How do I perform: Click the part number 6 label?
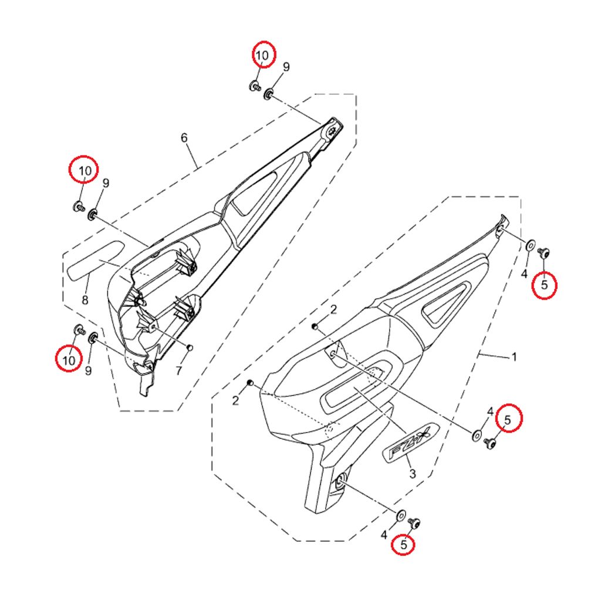[x=184, y=137]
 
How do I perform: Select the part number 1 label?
[x=514, y=357]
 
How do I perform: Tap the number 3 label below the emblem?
[x=413, y=474]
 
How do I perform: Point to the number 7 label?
[x=178, y=371]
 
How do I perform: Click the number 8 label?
[x=85, y=300]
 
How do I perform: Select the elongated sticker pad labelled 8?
[x=96, y=260]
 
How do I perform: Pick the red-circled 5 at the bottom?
[x=403, y=544]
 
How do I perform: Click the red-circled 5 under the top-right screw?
[x=544, y=285]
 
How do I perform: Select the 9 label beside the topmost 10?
[x=286, y=67]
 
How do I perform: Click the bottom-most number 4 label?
[x=384, y=534]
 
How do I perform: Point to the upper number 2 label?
[x=333, y=309]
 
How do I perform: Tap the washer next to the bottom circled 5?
[x=400, y=515]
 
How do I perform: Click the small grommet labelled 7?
[x=190, y=347]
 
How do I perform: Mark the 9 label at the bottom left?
[x=89, y=371]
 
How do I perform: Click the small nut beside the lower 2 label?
[x=249, y=383]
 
